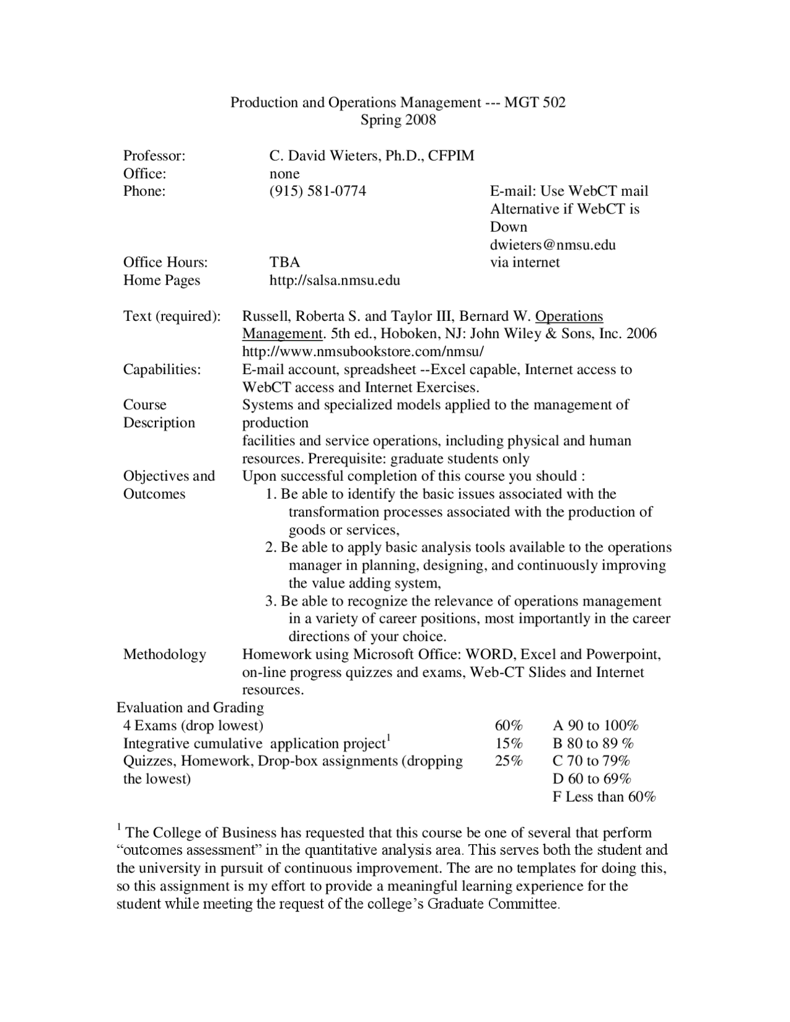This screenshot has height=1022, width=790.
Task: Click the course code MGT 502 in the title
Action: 534,102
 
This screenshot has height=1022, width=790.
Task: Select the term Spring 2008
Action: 398,120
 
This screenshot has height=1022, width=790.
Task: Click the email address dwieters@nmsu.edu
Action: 553,245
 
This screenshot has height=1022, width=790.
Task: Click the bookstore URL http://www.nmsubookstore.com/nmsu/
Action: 363,352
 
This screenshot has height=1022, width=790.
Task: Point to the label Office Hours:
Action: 165,263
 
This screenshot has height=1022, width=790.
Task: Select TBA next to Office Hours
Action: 285,263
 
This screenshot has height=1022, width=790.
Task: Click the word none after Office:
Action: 285,174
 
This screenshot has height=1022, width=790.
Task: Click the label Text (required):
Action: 172,317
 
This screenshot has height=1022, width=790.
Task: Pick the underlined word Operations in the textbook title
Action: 569,317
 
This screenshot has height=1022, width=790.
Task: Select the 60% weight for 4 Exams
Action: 509,726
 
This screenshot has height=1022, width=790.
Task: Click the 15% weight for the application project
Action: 509,744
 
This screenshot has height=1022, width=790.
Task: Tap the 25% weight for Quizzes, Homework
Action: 509,761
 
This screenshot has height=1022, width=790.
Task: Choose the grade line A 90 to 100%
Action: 595,726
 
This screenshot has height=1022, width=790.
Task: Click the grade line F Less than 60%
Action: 604,797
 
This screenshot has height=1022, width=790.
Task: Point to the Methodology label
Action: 164,655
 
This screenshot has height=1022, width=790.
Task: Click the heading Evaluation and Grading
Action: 190,708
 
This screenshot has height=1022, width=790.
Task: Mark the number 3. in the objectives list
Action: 271,602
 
